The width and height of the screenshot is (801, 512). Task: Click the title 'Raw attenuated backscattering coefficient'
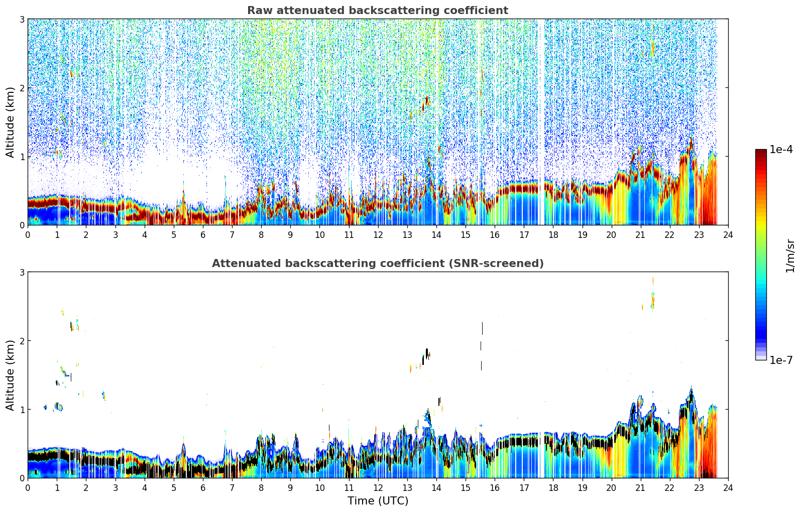coord(378,11)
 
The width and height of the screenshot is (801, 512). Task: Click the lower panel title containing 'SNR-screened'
coord(378,263)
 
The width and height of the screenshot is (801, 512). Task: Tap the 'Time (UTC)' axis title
coord(378,500)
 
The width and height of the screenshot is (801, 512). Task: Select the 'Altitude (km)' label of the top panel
coord(10,122)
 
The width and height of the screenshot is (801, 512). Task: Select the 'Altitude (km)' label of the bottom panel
coord(10,375)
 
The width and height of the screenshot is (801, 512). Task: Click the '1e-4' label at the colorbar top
coord(781,150)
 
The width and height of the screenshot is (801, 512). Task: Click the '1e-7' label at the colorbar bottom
coord(781,360)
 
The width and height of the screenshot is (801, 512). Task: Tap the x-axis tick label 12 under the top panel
coord(378,235)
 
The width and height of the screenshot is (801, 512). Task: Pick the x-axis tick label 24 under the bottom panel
coord(728,488)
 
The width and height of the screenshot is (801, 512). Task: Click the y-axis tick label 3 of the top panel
coord(22,19)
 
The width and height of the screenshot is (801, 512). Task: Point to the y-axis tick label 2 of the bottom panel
coord(22,341)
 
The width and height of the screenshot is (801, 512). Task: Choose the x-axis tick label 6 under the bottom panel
coord(203,488)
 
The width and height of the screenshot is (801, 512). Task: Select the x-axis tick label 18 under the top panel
coord(553,235)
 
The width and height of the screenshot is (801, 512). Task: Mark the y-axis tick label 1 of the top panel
coord(22,157)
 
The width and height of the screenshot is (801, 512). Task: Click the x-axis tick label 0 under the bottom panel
coord(28,488)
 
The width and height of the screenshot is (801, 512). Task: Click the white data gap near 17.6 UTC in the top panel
coord(541,122)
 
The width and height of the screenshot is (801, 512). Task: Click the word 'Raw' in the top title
coord(260,11)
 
